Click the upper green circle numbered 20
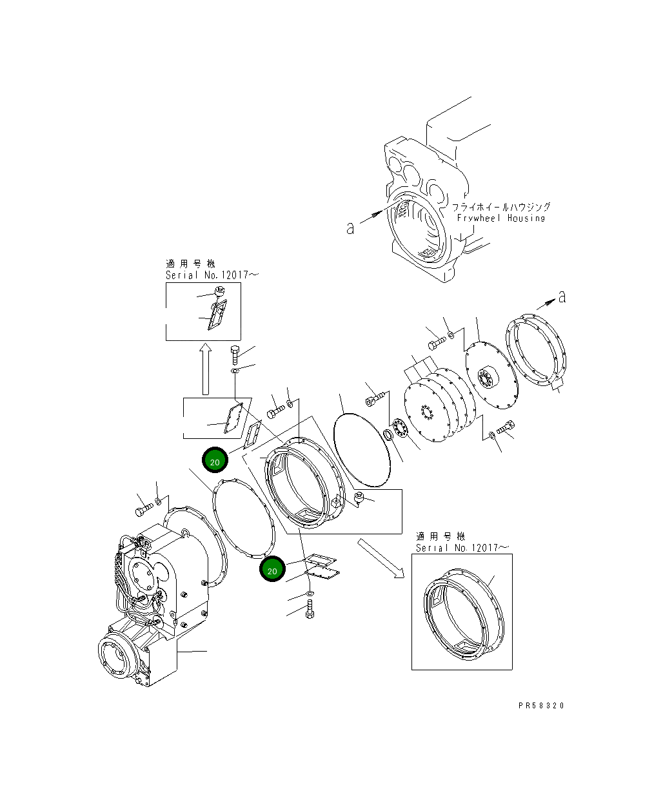click(x=215, y=461)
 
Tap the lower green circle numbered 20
click(x=272, y=570)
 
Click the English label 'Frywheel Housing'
click(x=500, y=218)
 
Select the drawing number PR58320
click(x=540, y=706)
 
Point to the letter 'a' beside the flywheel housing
click(x=350, y=228)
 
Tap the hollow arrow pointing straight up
click(x=205, y=369)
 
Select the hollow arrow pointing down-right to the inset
click(x=381, y=558)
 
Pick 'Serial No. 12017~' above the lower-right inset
click(x=462, y=548)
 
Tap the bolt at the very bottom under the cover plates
click(x=310, y=610)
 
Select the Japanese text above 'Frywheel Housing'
click(x=500, y=207)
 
